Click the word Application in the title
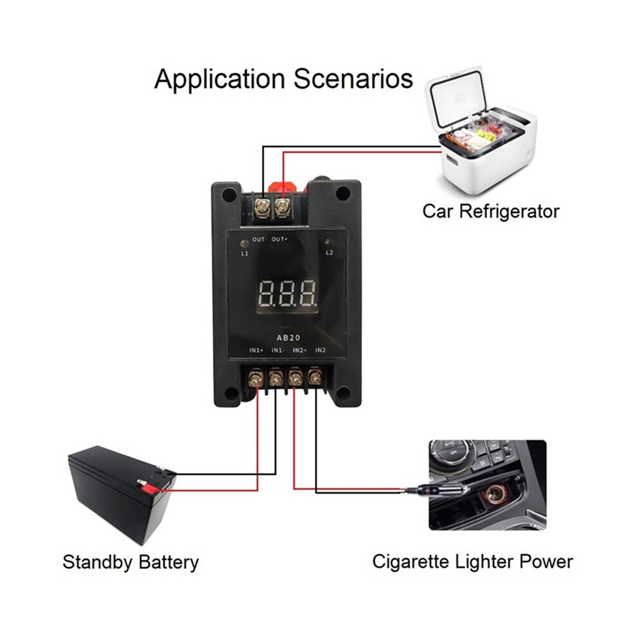(x=219, y=79)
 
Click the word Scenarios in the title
(x=353, y=78)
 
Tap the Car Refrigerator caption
(x=491, y=211)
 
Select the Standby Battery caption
(x=131, y=562)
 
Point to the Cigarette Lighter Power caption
(x=472, y=562)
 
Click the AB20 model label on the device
(x=288, y=338)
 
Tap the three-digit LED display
(x=287, y=293)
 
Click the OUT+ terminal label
(x=279, y=239)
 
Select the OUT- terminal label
(x=259, y=239)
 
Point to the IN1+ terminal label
(x=256, y=350)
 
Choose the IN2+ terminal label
(x=300, y=350)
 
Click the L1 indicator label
(x=245, y=254)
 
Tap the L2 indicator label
(x=329, y=253)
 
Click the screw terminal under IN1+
(x=255, y=378)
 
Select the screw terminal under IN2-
(x=315, y=378)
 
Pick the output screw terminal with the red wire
(x=281, y=208)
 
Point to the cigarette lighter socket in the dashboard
(x=495, y=494)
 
